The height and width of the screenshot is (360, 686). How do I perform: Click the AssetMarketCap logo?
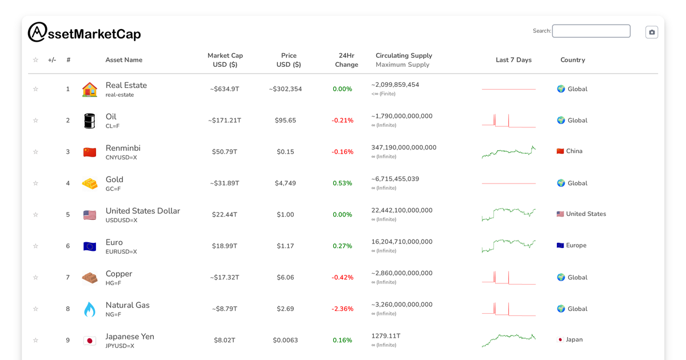(84, 33)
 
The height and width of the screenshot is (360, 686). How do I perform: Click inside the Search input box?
(591, 31)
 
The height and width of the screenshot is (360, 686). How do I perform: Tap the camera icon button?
(652, 33)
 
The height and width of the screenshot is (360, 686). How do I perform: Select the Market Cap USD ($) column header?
(225, 60)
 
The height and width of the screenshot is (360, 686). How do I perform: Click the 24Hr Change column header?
(346, 60)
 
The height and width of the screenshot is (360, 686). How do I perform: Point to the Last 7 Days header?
(513, 60)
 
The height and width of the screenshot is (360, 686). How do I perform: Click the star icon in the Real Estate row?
(35, 89)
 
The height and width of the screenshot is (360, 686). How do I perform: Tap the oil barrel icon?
(90, 121)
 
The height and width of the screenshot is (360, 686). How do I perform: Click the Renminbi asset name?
(123, 148)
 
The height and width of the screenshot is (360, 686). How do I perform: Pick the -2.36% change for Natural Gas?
(342, 309)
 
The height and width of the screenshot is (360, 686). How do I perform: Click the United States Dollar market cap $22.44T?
(225, 215)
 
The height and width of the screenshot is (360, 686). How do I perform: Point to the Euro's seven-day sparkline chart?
(509, 246)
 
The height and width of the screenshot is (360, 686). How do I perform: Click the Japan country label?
(574, 339)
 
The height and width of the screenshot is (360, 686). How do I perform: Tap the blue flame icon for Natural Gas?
(90, 309)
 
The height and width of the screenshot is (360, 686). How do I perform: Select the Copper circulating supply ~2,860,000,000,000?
(402, 273)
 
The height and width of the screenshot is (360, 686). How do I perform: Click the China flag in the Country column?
(560, 151)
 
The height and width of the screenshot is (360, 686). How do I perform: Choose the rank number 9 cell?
(67, 341)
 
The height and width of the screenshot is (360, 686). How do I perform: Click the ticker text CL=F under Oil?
(113, 126)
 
